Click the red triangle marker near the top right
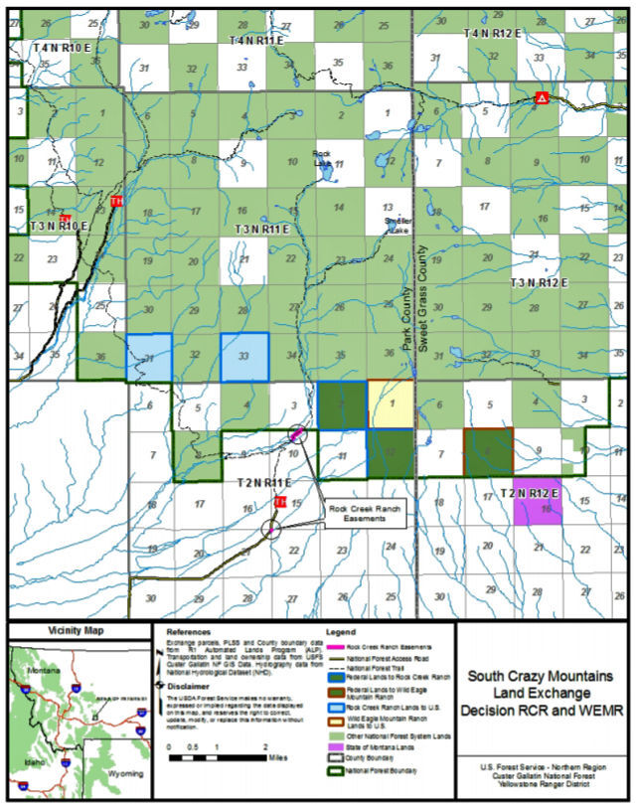click(541, 97)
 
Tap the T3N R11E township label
click(261, 230)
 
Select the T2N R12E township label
click(530, 493)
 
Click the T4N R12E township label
click(493, 34)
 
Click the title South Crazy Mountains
click(544, 676)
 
